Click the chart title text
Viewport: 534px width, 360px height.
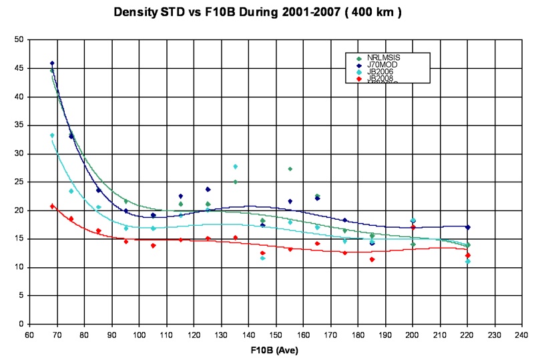point(266,13)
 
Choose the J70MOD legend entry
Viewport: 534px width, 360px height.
point(380,65)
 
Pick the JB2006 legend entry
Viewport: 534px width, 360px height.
point(378,72)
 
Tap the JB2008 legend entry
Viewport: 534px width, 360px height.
point(378,79)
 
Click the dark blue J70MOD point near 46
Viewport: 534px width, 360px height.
point(52,63)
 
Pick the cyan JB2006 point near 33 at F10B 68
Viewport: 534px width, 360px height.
point(52,136)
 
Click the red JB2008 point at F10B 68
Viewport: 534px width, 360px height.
point(52,206)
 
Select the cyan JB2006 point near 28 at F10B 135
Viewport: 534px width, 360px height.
point(235,166)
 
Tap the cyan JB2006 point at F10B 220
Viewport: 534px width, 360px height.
point(468,261)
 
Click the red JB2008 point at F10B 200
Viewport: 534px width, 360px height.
point(413,228)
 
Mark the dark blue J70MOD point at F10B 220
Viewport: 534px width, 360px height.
point(468,227)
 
